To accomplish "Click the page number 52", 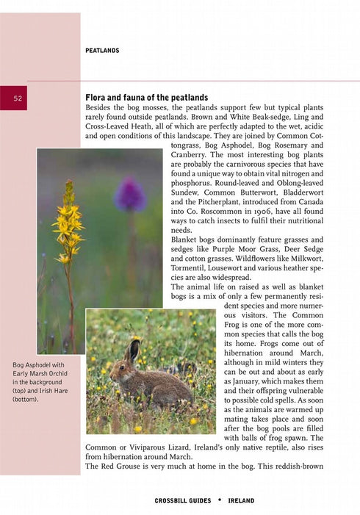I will tap(17, 98).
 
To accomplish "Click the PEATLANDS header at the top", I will tap(102, 51).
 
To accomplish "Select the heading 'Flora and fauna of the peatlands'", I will tap(147, 97).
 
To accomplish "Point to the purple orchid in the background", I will tap(130, 195).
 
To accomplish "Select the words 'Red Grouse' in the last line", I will tap(122, 467).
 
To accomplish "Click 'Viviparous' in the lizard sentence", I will tap(146, 446).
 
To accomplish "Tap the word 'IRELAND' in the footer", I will tap(242, 500).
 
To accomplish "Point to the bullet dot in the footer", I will tap(219, 500).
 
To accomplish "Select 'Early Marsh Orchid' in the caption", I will tap(40, 374).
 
